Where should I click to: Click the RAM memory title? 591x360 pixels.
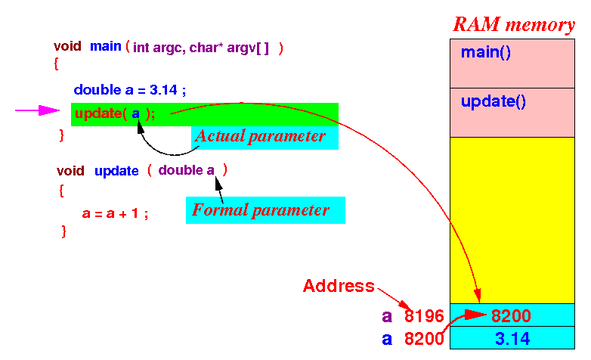coord(514,24)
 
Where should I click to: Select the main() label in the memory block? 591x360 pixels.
coord(486,52)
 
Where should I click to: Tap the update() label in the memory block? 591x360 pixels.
coord(493,101)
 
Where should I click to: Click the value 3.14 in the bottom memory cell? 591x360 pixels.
coord(512,339)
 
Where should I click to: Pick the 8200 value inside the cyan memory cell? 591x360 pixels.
coord(511,315)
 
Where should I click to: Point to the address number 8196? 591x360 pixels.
coord(424,316)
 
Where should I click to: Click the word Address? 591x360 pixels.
coord(339,286)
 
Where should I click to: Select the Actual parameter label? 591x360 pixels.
coord(260,136)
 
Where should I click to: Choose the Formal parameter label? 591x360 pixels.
coord(261,209)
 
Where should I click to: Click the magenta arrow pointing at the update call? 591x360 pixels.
coord(37,110)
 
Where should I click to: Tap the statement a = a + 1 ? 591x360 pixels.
coord(115,213)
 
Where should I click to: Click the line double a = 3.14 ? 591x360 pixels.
coord(130,90)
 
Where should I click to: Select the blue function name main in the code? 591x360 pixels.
coord(106,46)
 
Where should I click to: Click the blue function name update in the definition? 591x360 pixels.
coord(116,171)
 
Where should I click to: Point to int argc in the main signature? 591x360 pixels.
coord(158,48)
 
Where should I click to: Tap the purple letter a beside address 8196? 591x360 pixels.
coord(387,316)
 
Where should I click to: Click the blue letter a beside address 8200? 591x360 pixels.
coord(387,340)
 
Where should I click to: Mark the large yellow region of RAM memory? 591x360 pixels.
coord(512,220)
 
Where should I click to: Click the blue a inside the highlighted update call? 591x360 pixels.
coord(136,113)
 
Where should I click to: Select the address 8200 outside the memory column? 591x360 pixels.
coord(424,339)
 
